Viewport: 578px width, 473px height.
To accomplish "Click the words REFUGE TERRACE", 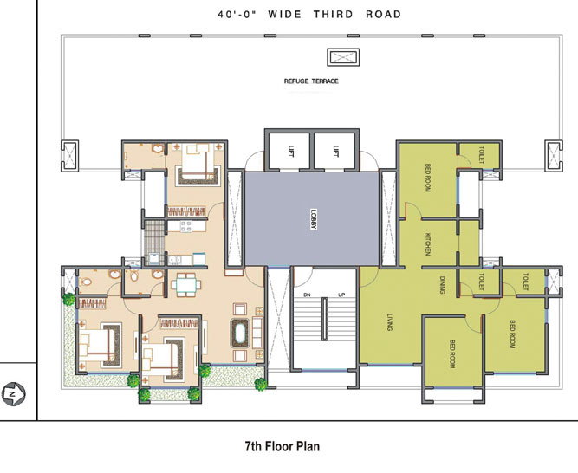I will (x=311, y=81).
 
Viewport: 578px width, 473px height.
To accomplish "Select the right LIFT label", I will (x=335, y=152).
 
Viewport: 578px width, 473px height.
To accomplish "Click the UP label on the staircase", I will (x=341, y=295).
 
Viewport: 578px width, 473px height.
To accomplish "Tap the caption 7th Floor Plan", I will (x=283, y=448).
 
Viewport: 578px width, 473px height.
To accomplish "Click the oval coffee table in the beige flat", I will (x=237, y=334).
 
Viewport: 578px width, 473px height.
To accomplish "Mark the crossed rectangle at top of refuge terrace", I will (x=335, y=57).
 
